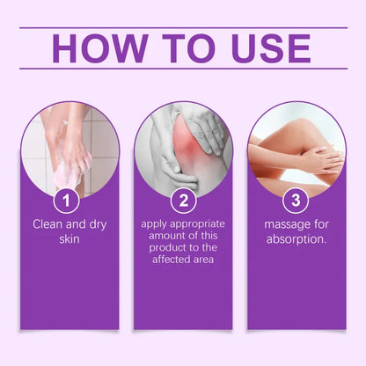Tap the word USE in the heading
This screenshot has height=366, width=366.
[x=267, y=48]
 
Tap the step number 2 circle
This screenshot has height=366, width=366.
[x=182, y=201]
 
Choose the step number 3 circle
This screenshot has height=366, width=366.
[x=296, y=201]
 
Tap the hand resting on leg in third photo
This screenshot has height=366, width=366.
[x=321, y=158]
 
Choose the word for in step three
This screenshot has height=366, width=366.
[x=318, y=226]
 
